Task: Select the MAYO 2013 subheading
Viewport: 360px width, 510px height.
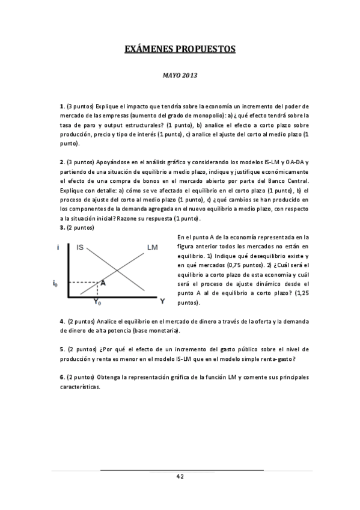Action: click(x=180, y=76)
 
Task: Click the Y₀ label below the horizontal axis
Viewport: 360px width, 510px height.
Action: click(x=97, y=302)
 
